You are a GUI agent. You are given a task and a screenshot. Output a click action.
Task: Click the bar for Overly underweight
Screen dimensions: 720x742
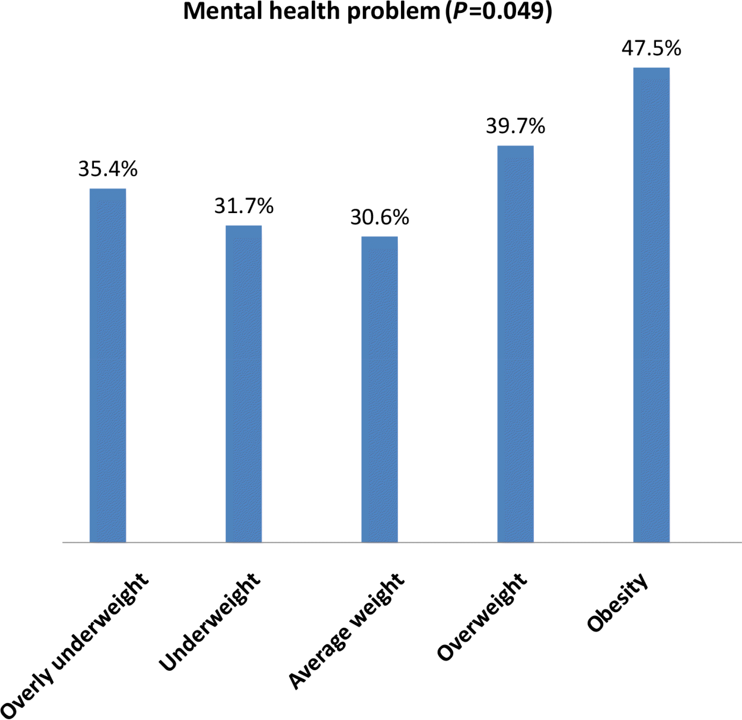pyautogui.click(x=108, y=365)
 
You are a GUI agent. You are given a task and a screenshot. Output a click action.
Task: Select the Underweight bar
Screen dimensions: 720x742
pyautogui.click(x=244, y=384)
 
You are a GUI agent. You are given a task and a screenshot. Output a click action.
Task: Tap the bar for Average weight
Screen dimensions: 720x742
pyautogui.click(x=379, y=389)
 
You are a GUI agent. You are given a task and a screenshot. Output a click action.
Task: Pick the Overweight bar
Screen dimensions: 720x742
pyautogui.click(x=515, y=344)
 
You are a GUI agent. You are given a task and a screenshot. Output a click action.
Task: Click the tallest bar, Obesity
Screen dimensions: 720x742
pyautogui.click(x=651, y=305)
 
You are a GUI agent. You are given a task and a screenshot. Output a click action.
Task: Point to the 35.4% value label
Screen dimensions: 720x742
pyautogui.click(x=108, y=169)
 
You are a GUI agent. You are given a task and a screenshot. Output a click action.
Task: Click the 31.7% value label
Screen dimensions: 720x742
pyautogui.click(x=244, y=206)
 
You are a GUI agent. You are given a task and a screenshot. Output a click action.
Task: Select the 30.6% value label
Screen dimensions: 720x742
pyautogui.click(x=379, y=217)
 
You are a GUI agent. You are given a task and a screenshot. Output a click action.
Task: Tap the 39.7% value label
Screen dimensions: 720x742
pyautogui.click(x=515, y=126)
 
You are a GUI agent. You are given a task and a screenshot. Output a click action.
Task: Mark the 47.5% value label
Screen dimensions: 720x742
pyautogui.click(x=651, y=48)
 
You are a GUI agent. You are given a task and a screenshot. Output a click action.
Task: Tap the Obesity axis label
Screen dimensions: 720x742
pyautogui.click(x=617, y=602)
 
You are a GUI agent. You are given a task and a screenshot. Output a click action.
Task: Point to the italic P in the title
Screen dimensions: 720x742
pyautogui.click(x=460, y=11)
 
